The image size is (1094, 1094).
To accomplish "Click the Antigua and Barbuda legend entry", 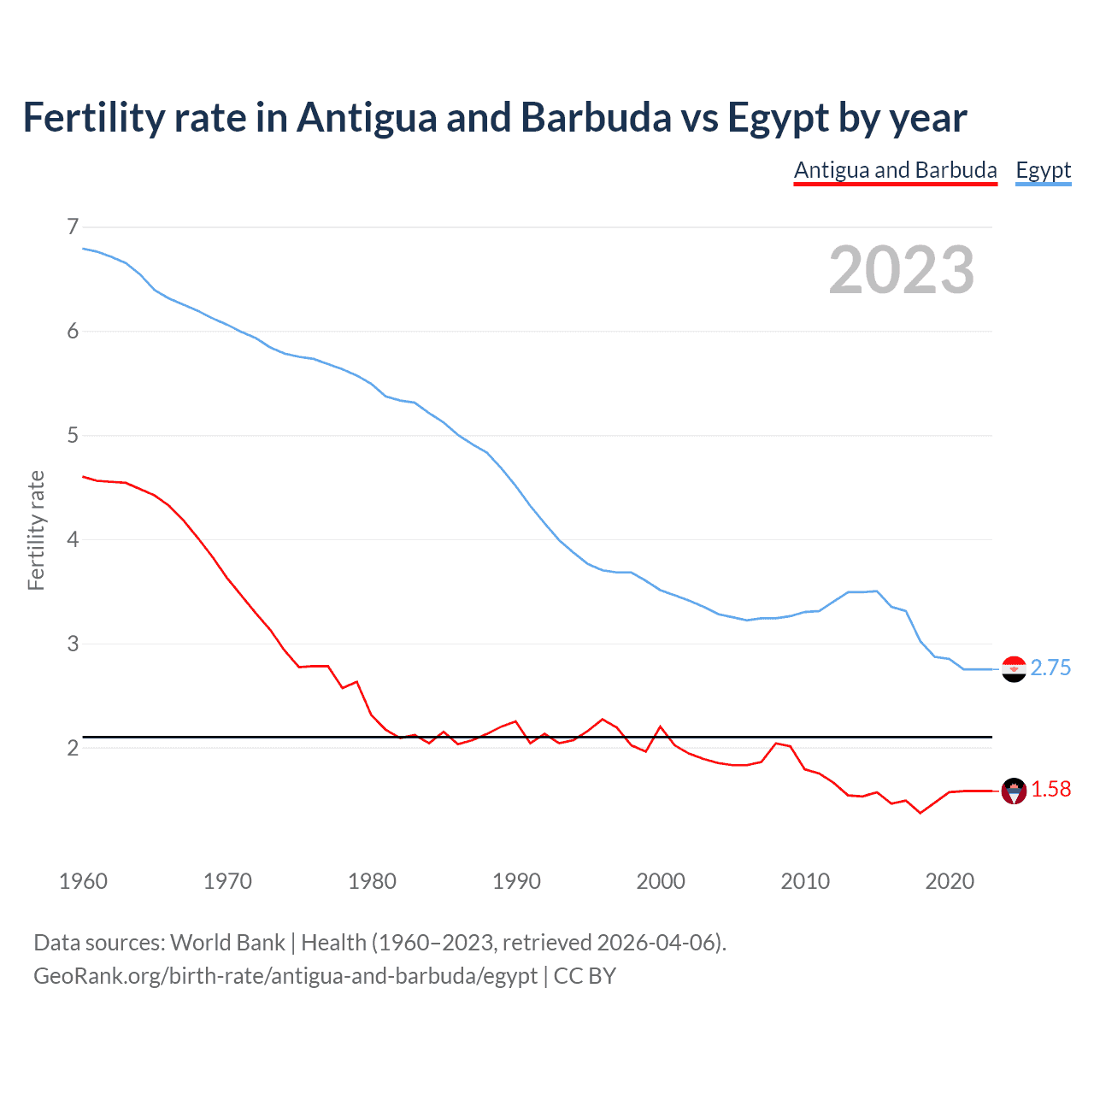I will pyautogui.click(x=895, y=170).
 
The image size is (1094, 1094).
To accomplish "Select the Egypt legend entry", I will pyautogui.click(x=1043, y=170).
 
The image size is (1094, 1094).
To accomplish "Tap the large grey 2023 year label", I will pyautogui.click(x=901, y=270).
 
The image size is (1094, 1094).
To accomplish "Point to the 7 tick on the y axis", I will pyautogui.click(x=73, y=226).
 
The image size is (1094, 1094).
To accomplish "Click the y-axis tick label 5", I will pyautogui.click(x=73, y=436).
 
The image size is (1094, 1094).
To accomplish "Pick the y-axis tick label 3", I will pyautogui.click(x=73, y=644).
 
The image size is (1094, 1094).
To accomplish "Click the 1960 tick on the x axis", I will pyautogui.click(x=83, y=881).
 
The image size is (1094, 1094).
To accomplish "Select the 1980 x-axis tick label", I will pyautogui.click(x=372, y=881).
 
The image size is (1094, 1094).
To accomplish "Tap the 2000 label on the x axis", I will pyautogui.click(x=660, y=881).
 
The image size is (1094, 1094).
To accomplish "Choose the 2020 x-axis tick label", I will pyautogui.click(x=949, y=881).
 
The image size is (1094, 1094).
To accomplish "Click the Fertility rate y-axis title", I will pyautogui.click(x=36, y=530).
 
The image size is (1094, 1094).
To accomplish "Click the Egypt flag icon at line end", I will pyautogui.click(x=1013, y=668).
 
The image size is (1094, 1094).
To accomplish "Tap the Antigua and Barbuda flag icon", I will pyautogui.click(x=1013, y=791).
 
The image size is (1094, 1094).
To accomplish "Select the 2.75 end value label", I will pyautogui.click(x=1050, y=668).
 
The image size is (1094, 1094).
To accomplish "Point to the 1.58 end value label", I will pyautogui.click(x=1050, y=790).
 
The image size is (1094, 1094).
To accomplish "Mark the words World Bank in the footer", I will pyautogui.click(x=227, y=943).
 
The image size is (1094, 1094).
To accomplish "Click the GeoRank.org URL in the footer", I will pyautogui.click(x=285, y=976).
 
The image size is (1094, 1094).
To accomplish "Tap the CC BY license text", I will pyautogui.click(x=585, y=976).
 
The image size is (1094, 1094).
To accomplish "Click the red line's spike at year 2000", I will pyautogui.click(x=660, y=726).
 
